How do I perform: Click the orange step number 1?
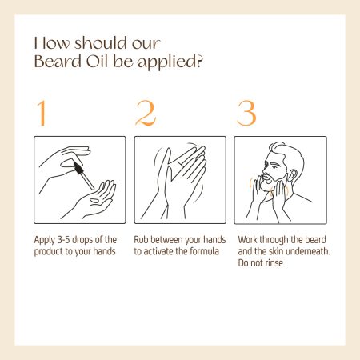pos(42,113)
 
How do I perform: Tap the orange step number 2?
pos(146,113)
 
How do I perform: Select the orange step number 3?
pos(246,113)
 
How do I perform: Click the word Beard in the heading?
pos(58,62)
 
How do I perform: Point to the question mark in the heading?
pos(199,62)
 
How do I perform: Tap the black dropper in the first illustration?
pos(83,175)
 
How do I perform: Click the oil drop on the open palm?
pos(94,201)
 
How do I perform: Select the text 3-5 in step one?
pos(63,240)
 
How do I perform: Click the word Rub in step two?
pos(141,240)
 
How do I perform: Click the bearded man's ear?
pos(293,175)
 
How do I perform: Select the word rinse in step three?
pos(274,263)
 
